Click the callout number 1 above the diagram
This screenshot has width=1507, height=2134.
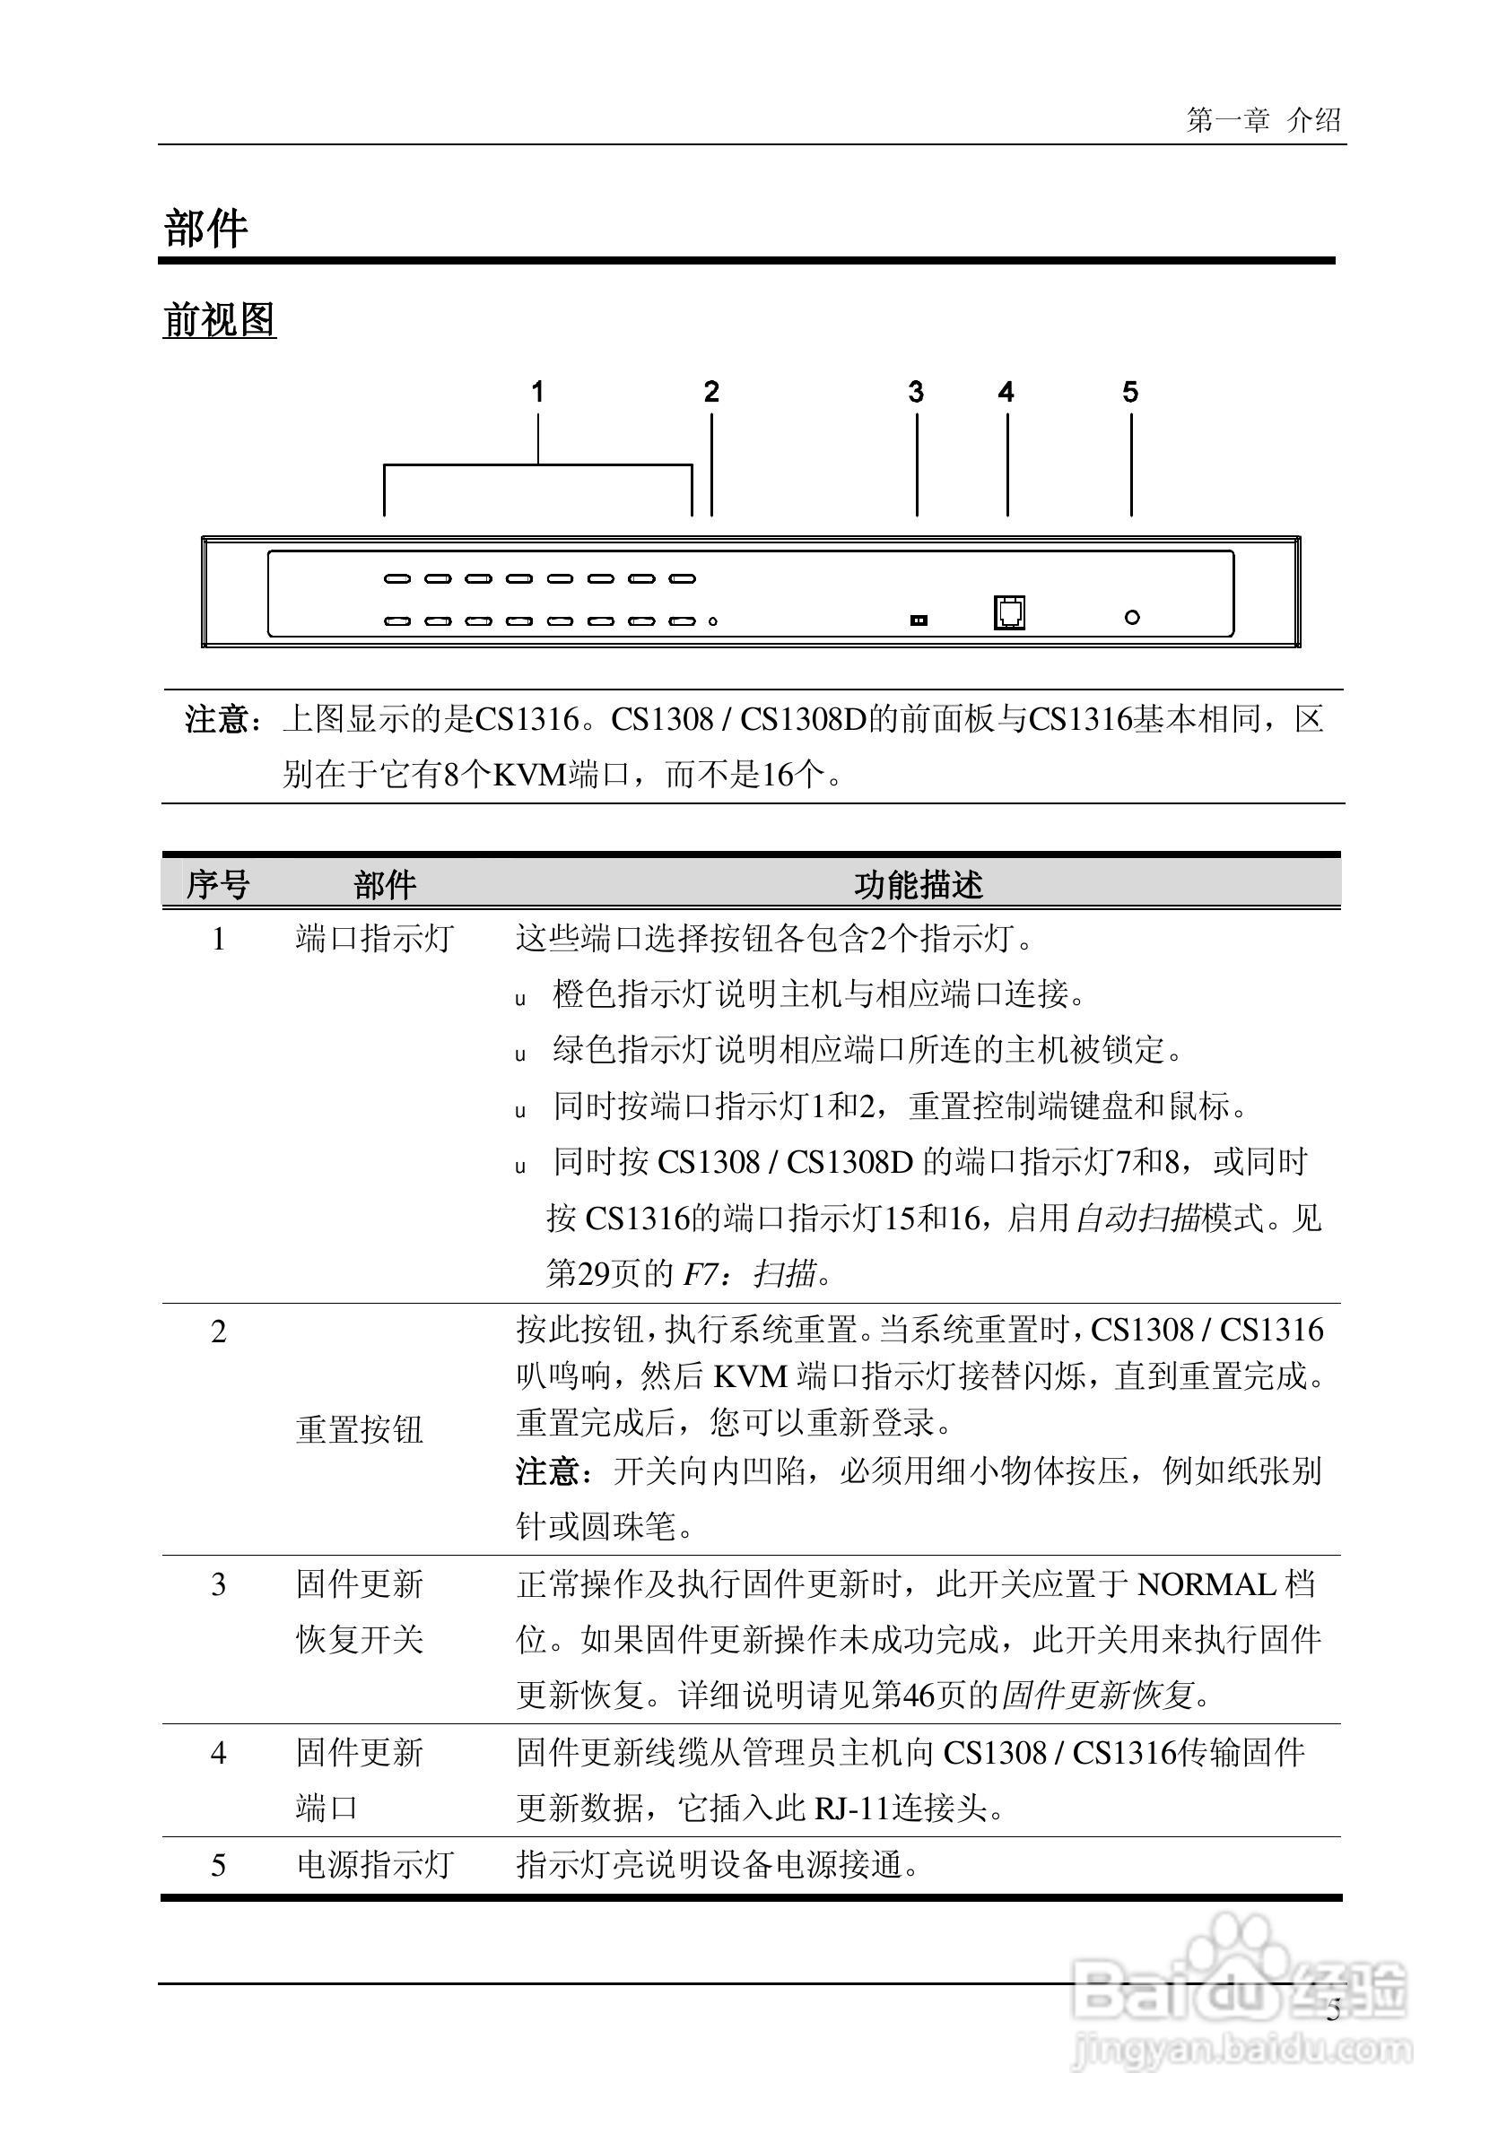[x=537, y=392]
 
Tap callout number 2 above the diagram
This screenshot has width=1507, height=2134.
[x=711, y=392]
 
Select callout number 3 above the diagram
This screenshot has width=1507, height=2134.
[x=916, y=392]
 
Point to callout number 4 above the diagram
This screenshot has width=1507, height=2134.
[x=1006, y=392]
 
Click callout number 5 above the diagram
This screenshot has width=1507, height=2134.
[x=1129, y=392]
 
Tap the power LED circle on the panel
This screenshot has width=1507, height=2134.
[x=1131, y=617]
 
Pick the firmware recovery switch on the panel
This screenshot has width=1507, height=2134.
[x=919, y=620]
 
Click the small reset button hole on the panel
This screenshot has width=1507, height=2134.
[x=712, y=621]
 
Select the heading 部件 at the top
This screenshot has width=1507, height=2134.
[x=205, y=229]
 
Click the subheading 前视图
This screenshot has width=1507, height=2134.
[x=220, y=321]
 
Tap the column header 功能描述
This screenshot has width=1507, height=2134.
[x=918, y=885]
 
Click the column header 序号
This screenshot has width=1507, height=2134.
[x=218, y=885]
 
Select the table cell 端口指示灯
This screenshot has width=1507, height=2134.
[x=374, y=939]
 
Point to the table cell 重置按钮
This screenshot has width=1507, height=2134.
[x=359, y=1429]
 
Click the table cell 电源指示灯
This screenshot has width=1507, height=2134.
[x=374, y=1864]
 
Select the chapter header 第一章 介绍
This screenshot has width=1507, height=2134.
[x=1262, y=120]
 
